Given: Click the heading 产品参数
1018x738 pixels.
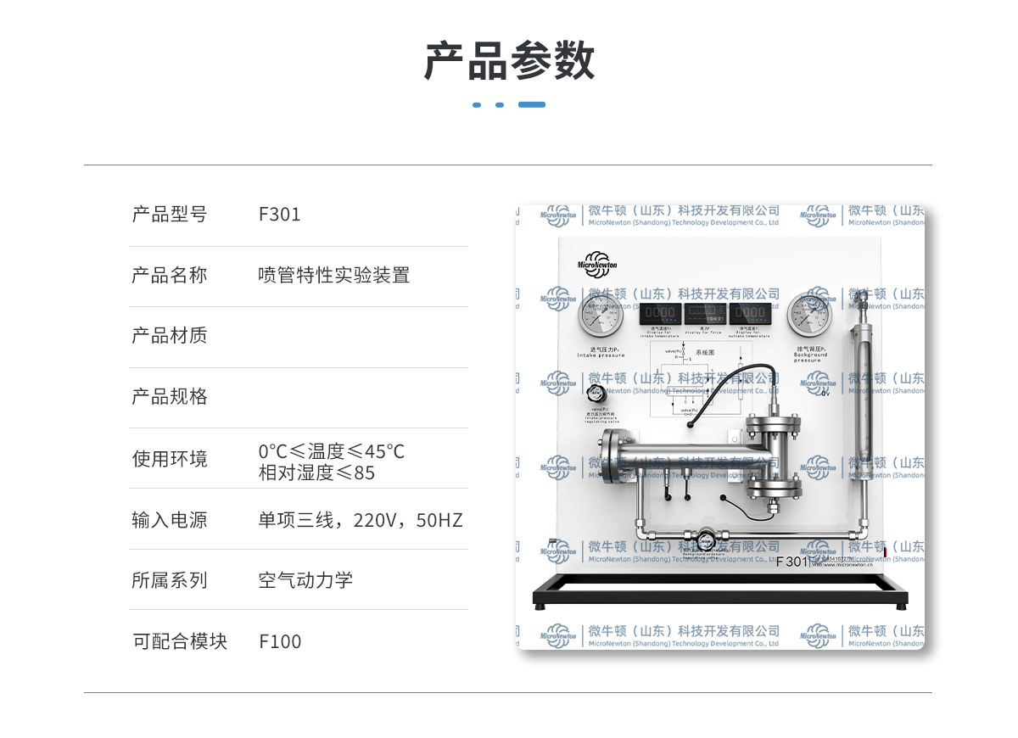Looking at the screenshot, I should [509, 61].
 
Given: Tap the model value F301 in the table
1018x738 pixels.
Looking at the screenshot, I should [279, 215].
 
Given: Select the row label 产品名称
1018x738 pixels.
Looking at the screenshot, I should [169, 275].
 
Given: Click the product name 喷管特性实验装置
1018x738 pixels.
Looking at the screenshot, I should [333, 275].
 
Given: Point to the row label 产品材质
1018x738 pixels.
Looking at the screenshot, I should [169, 336].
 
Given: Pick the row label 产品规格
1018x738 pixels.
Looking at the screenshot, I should [169, 397].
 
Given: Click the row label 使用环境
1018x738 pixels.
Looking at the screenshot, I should [169, 459].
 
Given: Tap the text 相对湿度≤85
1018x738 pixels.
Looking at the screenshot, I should [316, 472].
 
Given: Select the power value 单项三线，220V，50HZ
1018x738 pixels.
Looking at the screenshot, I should [361, 520].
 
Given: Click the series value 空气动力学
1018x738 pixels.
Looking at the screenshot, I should [305, 580].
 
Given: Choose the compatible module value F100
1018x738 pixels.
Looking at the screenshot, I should [280, 641].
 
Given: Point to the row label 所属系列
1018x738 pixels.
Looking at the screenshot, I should [169, 580].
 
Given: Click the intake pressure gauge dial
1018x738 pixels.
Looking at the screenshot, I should [601, 316].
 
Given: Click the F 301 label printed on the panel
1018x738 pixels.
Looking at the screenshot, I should [793, 562].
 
